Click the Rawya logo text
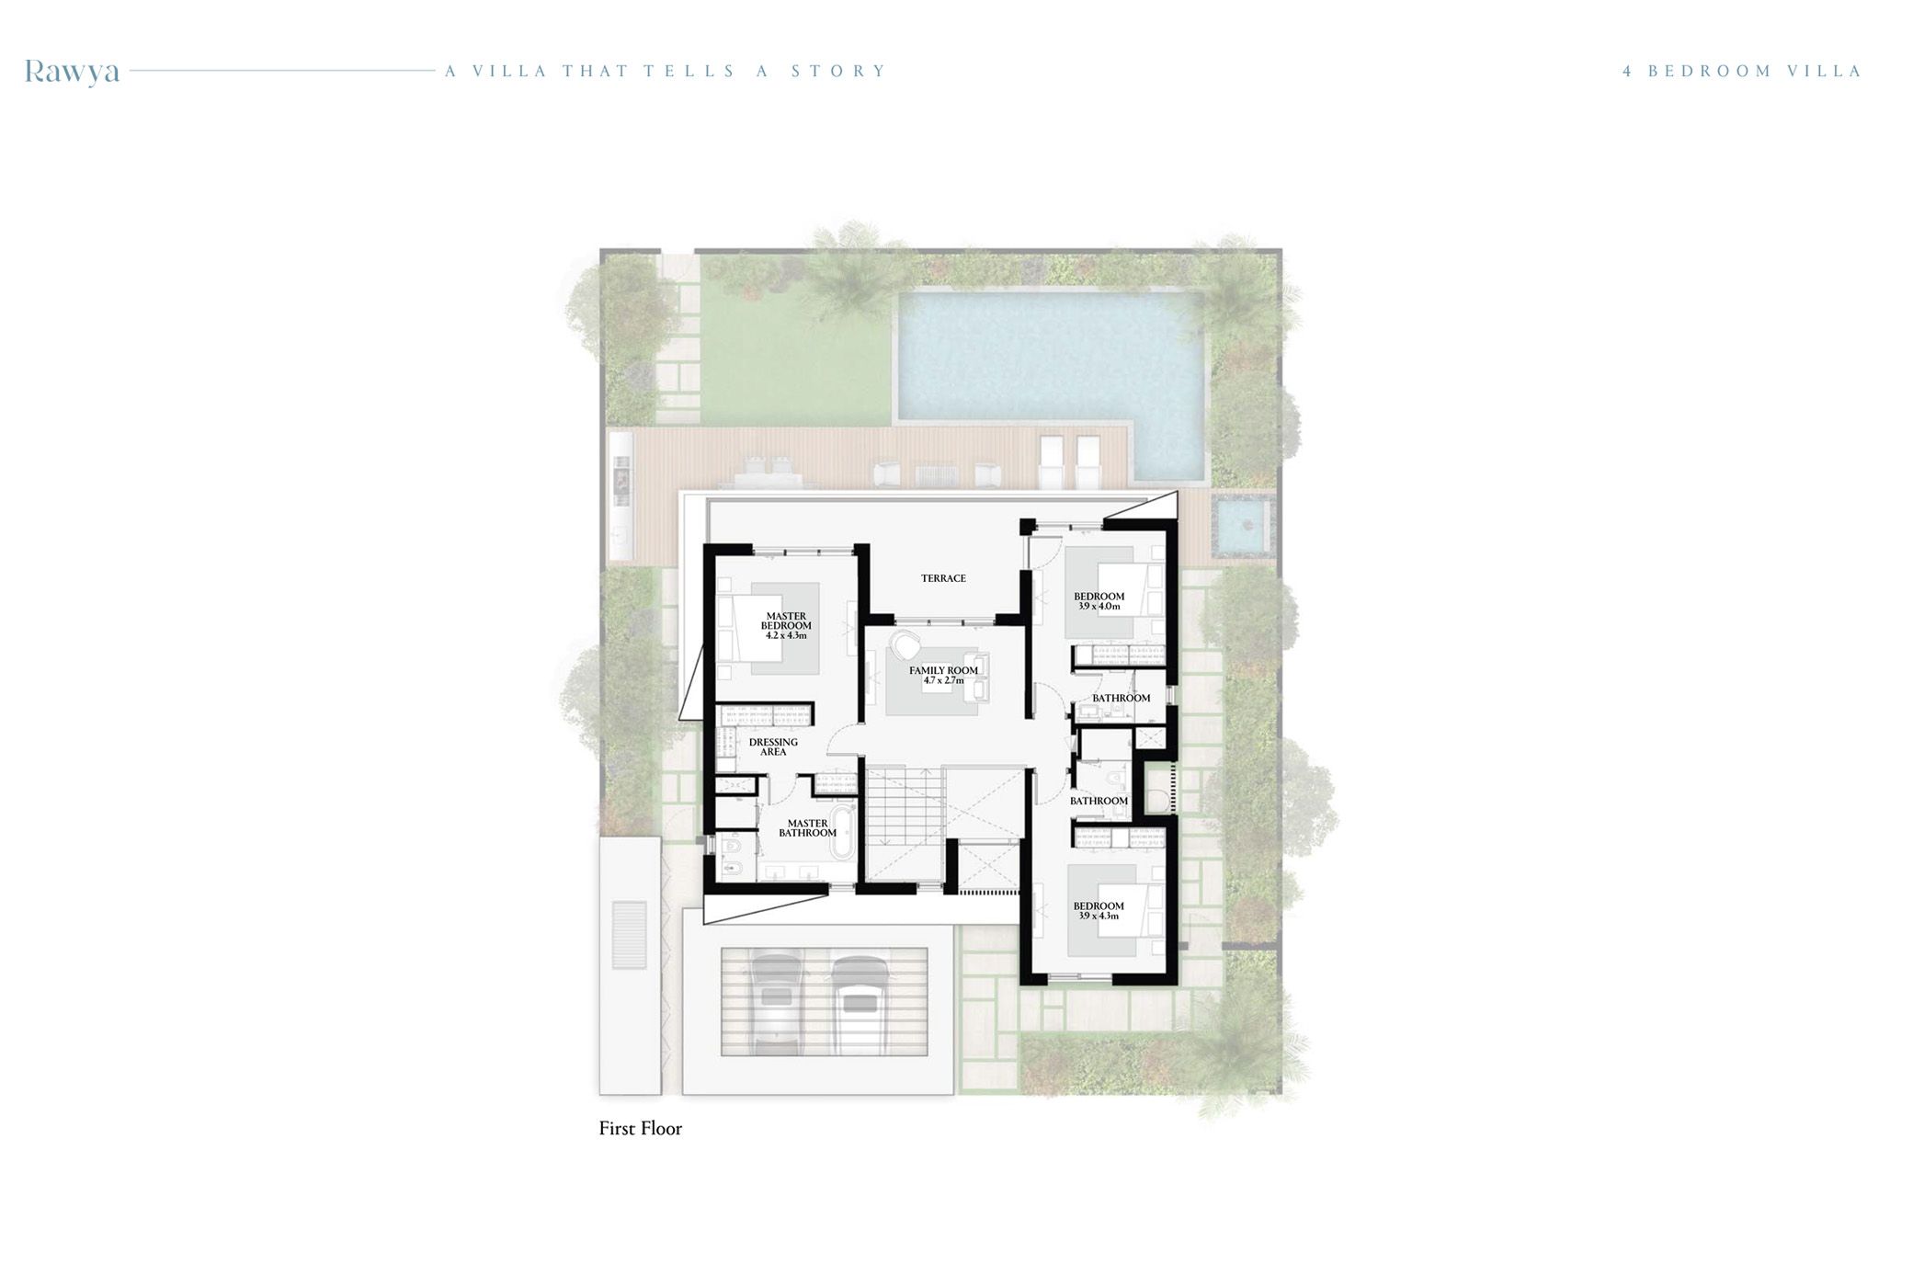coord(72,72)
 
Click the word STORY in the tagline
coord(838,71)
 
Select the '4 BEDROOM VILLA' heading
coord(1742,71)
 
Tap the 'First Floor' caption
coord(640,1129)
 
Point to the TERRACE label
coord(943,578)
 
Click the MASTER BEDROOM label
coord(786,621)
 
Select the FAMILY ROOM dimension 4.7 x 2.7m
coord(943,681)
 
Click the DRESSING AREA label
coord(773,746)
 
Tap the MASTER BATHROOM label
coord(807,828)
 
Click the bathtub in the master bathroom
coord(843,832)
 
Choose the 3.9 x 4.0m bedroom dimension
coord(1099,607)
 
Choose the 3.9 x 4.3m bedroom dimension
coord(1099,917)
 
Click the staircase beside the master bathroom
coord(903,809)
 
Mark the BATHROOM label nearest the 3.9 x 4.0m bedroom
coord(1121,699)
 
